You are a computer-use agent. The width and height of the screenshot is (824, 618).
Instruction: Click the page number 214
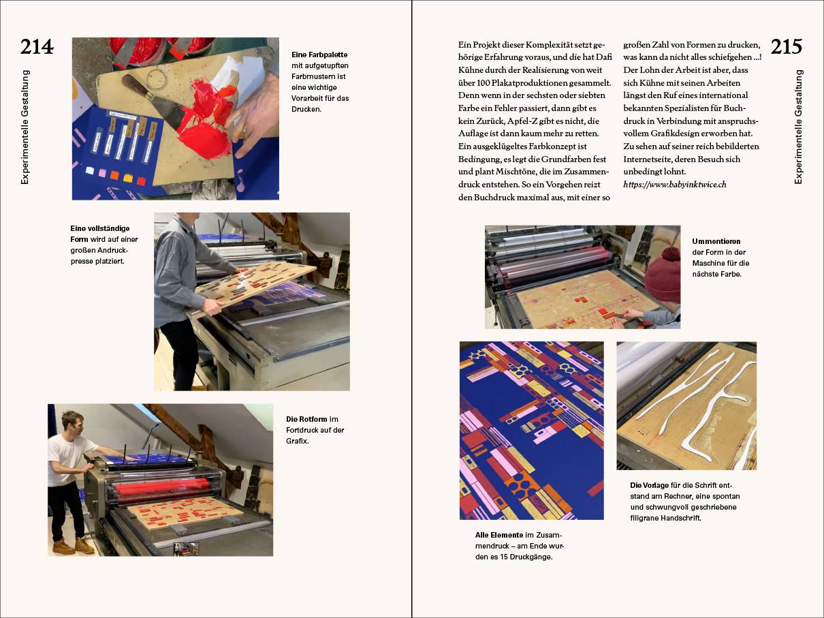pos(37,47)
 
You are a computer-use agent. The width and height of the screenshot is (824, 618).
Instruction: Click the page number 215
pos(786,47)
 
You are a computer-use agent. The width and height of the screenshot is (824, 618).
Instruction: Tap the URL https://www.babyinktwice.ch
pos(675,185)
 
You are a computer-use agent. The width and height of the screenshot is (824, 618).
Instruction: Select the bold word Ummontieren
pos(716,241)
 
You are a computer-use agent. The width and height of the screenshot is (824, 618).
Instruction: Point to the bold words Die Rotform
pos(307,419)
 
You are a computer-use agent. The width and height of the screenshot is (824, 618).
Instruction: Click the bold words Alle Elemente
pos(500,535)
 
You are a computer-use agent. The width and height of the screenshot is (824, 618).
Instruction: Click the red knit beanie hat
pos(663,273)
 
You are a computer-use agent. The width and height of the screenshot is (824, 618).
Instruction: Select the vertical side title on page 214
pos(25,127)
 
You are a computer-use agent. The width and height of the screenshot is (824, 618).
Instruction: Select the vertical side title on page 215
pos(799,127)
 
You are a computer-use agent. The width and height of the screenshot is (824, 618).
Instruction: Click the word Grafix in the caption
pos(298,441)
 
